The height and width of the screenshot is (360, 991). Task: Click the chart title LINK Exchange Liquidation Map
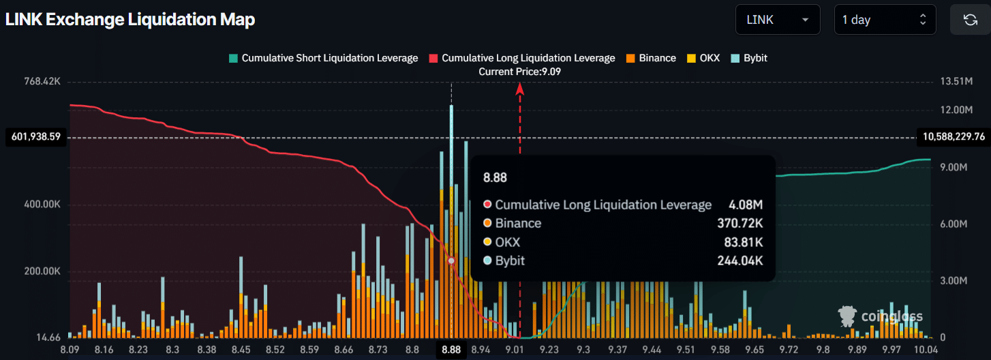[130, 20]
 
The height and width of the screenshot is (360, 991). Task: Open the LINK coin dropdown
[776, 20]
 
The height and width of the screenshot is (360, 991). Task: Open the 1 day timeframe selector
[885, 20]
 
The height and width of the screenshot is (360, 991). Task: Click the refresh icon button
[970, 20]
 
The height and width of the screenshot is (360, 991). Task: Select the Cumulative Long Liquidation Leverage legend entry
[522, 58]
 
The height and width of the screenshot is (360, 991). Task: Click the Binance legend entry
[651, 58]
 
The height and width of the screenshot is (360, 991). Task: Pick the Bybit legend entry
[750, 58]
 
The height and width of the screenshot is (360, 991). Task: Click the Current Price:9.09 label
[520, 72]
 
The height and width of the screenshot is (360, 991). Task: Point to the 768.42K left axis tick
[42, 81]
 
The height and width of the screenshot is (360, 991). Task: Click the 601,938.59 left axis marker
[36, 137]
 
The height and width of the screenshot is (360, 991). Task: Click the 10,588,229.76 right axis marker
[954, 137]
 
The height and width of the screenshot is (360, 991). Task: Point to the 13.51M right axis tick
[956, 81]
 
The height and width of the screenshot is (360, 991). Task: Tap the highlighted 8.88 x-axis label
[451, 349]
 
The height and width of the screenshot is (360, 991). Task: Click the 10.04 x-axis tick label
[925, 349]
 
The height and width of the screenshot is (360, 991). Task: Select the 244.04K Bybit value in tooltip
[740, 260]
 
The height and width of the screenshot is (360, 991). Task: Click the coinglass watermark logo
[881, 316]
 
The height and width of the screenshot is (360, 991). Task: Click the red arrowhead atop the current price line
[520, 87]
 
